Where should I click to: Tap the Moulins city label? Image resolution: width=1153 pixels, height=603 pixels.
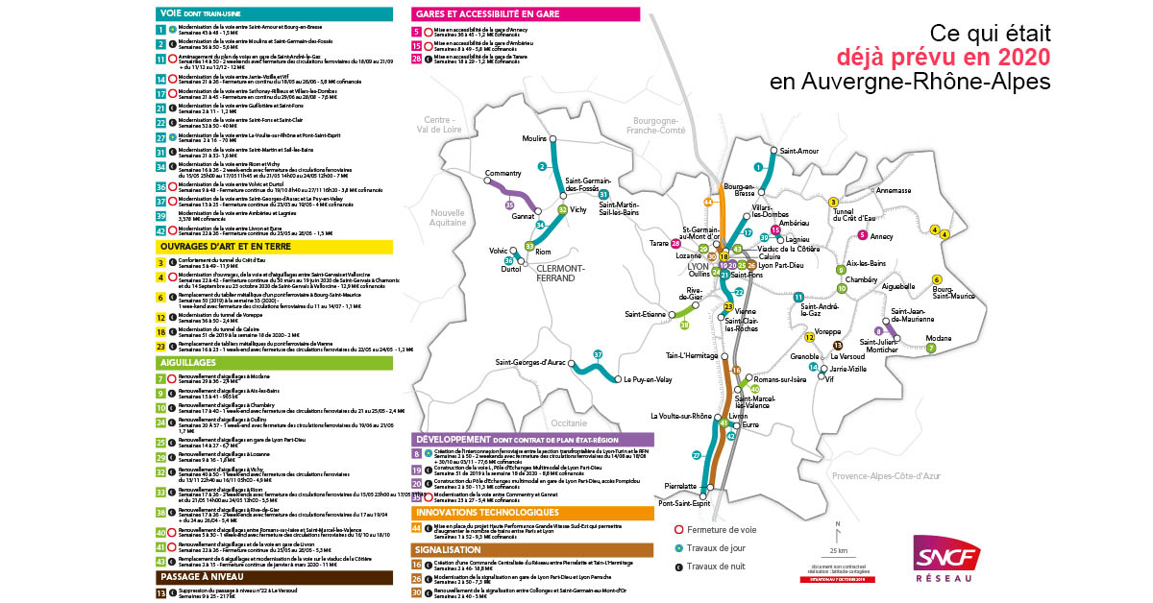coord(533,138)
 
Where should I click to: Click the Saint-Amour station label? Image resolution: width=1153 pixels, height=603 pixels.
coord(798,151)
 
